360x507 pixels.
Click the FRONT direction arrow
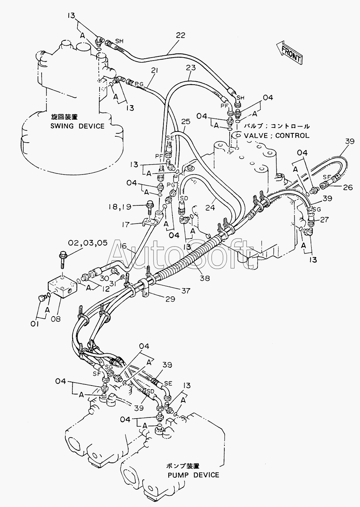(x=289, y=52)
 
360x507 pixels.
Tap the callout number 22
(x=181, y=35)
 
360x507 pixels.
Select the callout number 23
(x=191, y=68)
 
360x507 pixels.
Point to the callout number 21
(x=154, y=71)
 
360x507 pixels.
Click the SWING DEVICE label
(x=77, y=126)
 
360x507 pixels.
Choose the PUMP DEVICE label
(x=193, y=475)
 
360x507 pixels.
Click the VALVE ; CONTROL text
(x=276, y=136)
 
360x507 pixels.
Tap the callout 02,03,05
(x=88, y=243)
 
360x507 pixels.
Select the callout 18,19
(x=120, y=207)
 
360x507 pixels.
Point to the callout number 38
(x=205, y=278)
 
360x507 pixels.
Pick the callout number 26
(x=348, y=188)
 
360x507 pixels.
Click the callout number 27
(x=324, y=219)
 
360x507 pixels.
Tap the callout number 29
(x=170, y=299)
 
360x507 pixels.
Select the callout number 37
(x=186, y=290)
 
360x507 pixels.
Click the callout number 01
(x=35, y=324)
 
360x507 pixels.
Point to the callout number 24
(x=210, y=207)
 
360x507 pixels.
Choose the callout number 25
(x=186, y=122)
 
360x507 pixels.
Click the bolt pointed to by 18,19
(x=150, y=208)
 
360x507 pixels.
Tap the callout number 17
(x=126, y=224)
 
